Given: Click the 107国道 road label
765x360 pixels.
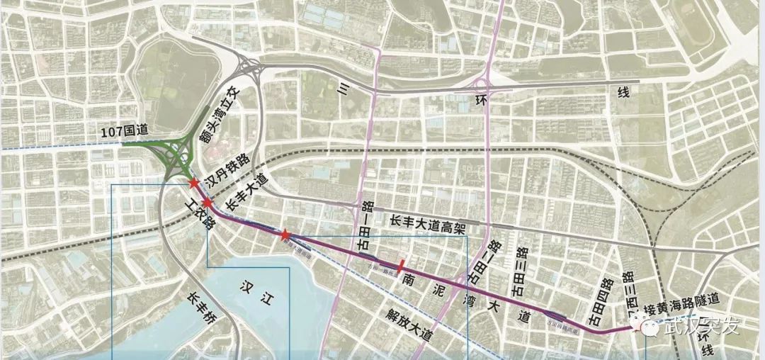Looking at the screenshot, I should (x=123, y=132).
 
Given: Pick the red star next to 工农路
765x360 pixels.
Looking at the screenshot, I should (x=208, y=203).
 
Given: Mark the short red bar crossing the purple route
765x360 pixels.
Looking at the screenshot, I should (x=402, y=266).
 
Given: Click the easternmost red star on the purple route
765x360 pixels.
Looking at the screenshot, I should (x=284, y=235).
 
